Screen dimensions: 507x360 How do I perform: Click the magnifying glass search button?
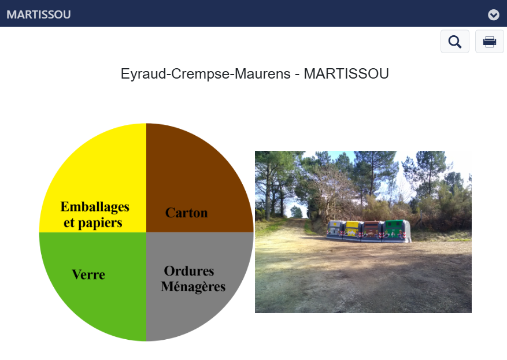tap(454, 42)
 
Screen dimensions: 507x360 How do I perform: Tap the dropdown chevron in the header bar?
tap(494, 14)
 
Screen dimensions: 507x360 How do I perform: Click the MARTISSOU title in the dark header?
tap(39, 14)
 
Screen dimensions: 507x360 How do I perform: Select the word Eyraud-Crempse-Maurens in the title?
tap(206, 74)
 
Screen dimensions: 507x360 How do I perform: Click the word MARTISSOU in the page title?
tap(346, 74)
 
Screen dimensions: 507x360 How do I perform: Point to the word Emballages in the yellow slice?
tap(95, 207)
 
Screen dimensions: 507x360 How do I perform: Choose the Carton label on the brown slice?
tap(186, 213)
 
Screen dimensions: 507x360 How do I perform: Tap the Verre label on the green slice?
tap(88, 274)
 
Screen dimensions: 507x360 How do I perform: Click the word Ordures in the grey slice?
tap(189, 271)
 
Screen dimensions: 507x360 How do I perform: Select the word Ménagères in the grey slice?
tap(193, 287)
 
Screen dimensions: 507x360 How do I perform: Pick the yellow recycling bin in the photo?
tap(353, 231)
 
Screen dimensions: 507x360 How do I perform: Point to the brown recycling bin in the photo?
tap(372, 231)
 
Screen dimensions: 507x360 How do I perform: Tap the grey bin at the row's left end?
tap(335, 229)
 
